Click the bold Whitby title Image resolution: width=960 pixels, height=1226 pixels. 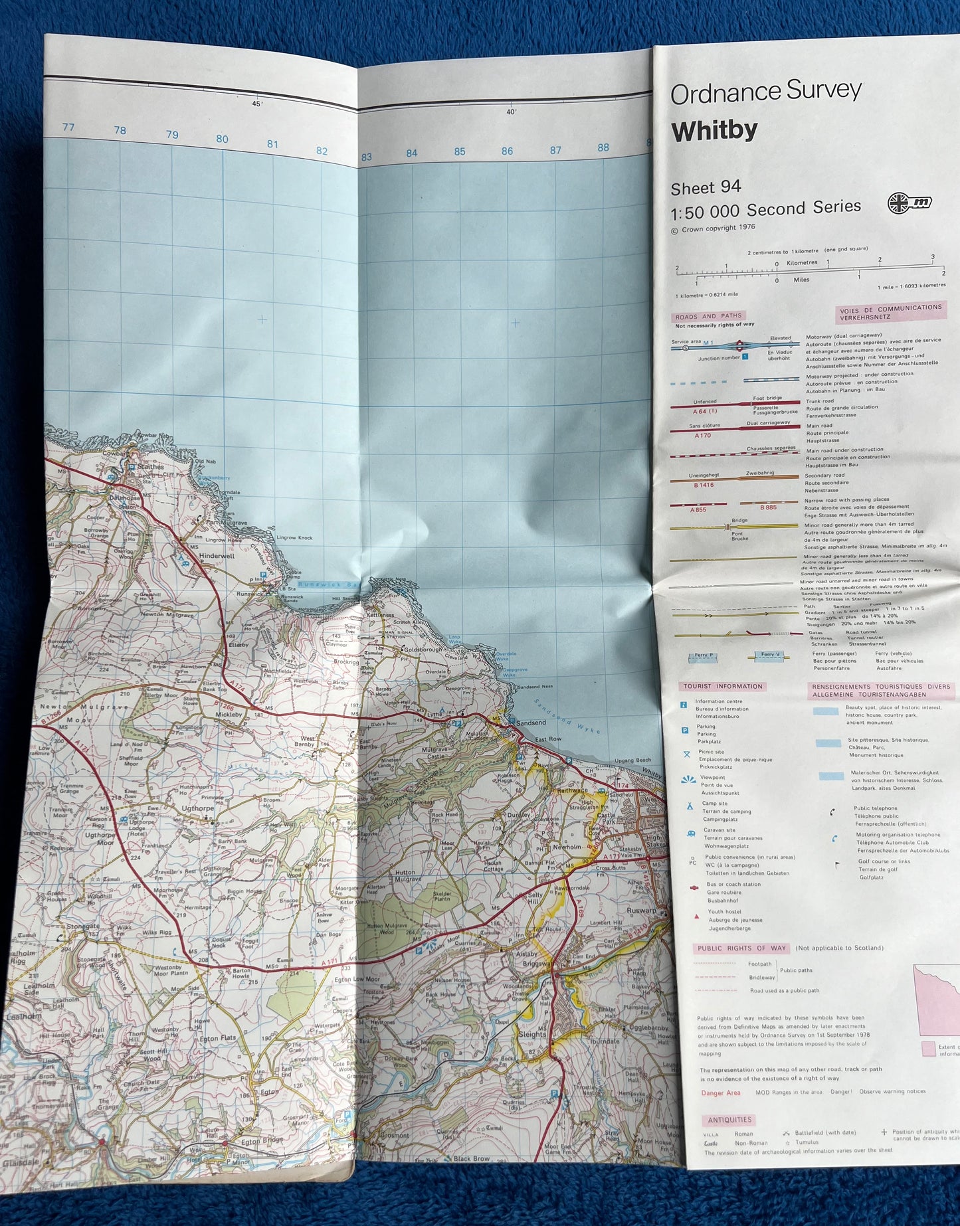point(714,131)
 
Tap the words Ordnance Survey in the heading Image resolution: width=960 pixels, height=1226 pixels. point(765,92)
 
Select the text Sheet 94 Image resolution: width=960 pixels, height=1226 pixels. point(706,189)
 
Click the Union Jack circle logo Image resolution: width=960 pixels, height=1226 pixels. point(909,203)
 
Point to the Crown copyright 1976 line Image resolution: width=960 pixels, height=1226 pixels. point(713,228)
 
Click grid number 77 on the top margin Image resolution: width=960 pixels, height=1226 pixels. point(68,127)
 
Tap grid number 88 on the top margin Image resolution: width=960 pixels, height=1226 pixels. point(603,147)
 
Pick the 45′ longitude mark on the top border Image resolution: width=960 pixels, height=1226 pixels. point(257,104)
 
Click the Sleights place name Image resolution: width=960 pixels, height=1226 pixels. point(531,1034)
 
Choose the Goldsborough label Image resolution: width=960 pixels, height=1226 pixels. point(421,650)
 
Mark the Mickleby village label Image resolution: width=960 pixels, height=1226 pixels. point(229,715)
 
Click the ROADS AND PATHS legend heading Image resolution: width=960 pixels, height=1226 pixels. point(709,316)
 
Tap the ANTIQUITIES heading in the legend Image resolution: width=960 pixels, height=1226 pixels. point(729,1120)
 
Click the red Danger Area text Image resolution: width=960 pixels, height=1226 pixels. point(720,1093)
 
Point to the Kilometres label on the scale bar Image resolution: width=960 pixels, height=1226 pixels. point(802,263)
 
